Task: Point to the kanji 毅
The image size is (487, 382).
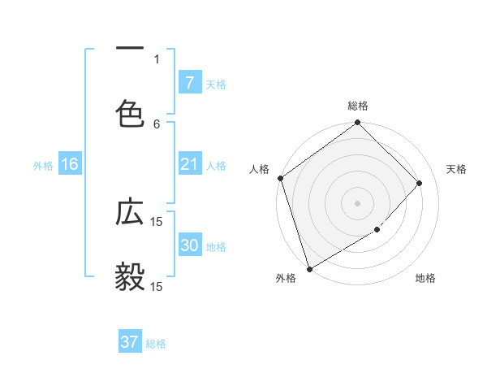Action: pyautogui.click(x=130, y=276)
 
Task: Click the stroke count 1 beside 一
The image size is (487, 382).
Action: pyautogui.click(x=157, y=59)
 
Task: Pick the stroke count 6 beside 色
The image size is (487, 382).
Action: pyautogui.click(x=157, y=124)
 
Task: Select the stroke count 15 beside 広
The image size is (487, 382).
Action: pyautogui.click(x=157, y=221)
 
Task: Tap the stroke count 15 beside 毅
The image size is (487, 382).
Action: pyautogui.click(x=157, y=286)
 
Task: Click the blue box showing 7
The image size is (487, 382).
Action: pyautogui.click(x=189, y=83)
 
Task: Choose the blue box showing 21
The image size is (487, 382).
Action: pyautogui.click(x=189, y=164)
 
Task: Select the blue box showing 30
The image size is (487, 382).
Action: pyautogui.click(x=189, y=245)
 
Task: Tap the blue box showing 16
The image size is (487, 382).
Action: pyautogui.click(x=70, y=164)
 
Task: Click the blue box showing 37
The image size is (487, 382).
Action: pyautogui.click(x=130, y=342)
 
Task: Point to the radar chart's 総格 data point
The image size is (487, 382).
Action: pyautogui.click(x=357, y=124)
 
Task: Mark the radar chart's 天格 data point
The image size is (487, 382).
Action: pyautogui.click(x=420, y=183)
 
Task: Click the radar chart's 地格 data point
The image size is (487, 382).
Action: pyautogui.click(x=377, y=230)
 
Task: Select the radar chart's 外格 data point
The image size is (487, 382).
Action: pyautogui.click(x=309, y=268)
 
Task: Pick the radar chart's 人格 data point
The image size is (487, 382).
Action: pyautogui.click(x=280, y=178)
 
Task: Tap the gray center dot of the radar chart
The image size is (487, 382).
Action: pyautogui.click(x=357, y=203)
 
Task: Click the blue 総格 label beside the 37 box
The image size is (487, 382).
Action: pyautogui.click(x=156, y=344)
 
